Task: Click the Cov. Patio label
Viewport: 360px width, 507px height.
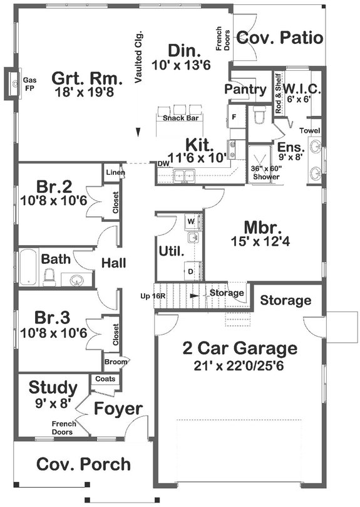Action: (x=280, y=38)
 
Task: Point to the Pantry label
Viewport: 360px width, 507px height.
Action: (x=245, y=90)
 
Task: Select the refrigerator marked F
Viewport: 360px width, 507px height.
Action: (x=234, y=117)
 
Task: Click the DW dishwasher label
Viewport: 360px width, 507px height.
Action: (x=163, y=164)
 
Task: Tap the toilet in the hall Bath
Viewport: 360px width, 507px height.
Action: (x=48, y=274)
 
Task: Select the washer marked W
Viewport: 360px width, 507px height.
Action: (x=192, y=222)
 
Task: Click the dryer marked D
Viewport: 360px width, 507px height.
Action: (x=192, y=271)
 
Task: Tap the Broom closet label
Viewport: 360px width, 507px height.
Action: (x=117, y=362)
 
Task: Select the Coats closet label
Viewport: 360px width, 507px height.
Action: (x=104, y=379)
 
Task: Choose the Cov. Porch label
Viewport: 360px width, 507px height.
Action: (x=83, y=464)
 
